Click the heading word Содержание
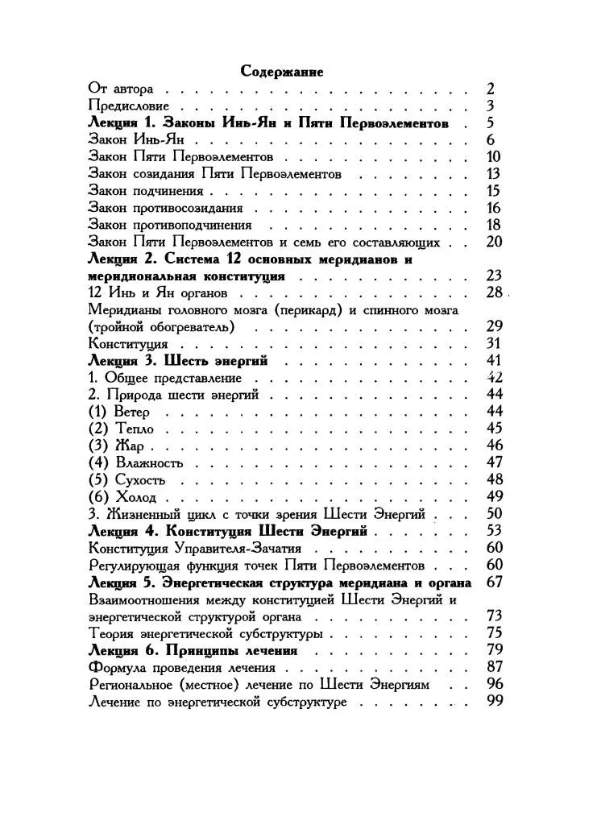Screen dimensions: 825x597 tap(282, 72)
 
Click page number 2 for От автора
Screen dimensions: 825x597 tap(490, 89)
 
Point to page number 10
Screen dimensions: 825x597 tap(494, 156)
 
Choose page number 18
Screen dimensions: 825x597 tap(494, 225)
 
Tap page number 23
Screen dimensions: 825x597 tap(494, 276)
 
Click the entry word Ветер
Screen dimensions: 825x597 tap(132, 412)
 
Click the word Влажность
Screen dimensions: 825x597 tap(149, 462)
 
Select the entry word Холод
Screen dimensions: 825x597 tap(135, 496)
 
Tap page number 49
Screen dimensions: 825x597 tap(494, 496)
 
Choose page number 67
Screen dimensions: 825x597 tap(494, 582)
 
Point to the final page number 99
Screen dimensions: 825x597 tap(494, 702)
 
